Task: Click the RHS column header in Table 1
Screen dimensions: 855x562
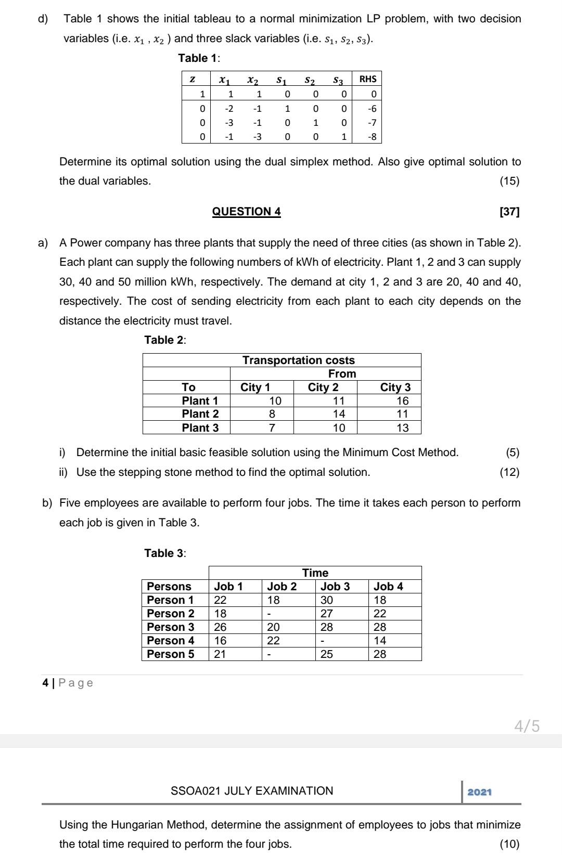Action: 367,79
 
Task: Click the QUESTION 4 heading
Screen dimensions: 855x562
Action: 247,212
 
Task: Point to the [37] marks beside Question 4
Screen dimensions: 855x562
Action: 509,212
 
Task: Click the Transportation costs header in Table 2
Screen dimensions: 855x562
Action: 299,360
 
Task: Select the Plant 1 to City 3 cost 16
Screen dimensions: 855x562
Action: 402,401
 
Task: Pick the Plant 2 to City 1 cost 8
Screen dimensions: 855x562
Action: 272,414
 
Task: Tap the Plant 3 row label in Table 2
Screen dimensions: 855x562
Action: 200,428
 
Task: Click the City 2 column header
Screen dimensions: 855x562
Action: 323,387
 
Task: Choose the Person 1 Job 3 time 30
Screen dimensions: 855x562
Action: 327,600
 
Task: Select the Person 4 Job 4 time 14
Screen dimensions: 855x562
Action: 380,641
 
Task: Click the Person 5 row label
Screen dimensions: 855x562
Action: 171,654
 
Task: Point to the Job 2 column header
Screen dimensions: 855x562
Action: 282,587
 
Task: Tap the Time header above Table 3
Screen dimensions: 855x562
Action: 315,573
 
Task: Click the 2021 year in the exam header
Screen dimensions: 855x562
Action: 480,792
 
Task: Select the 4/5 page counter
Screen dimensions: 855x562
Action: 527,727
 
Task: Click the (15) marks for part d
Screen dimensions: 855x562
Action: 509,182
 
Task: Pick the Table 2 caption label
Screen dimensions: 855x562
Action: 165,340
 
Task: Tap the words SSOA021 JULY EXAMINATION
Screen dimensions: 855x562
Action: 252,791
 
